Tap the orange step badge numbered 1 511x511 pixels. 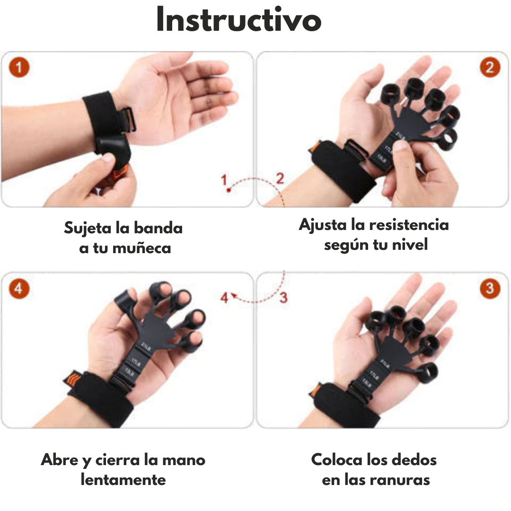(18, 68)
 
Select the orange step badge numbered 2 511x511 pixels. (490, 68)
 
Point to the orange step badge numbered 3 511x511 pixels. (490, 288)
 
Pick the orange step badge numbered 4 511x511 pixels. (18, 288)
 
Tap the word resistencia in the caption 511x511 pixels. (409, 224)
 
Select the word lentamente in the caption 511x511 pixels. (123, 480)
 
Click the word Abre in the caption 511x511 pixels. (59, 459)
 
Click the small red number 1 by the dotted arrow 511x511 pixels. (224, 180)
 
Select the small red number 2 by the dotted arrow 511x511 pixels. (280, 179)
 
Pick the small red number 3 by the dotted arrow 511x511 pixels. (283, 298)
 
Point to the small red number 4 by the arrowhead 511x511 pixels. (224, 298)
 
